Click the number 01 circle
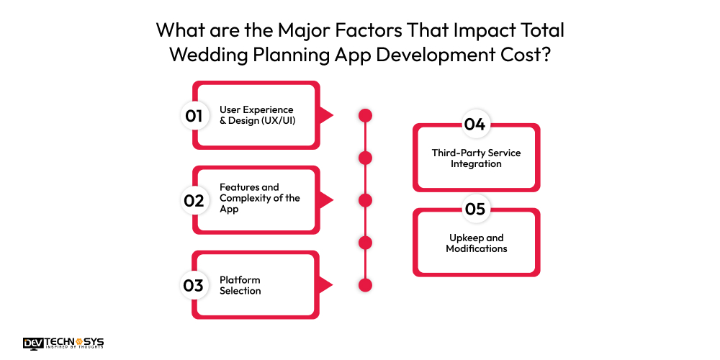point(194,115)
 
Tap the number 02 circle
point(194,200)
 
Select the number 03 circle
point(194,285)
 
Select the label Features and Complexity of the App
point(259,198)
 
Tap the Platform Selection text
point(240,285)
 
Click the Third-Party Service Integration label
point(476,158)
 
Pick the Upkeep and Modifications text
point(476,243)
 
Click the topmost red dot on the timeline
point(365,115)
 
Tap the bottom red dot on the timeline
point(365,285)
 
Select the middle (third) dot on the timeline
point(365,200)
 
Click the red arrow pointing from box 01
point(325,115)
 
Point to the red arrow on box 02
point(325,200)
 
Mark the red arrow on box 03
point(325,285)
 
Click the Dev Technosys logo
point(63,343)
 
